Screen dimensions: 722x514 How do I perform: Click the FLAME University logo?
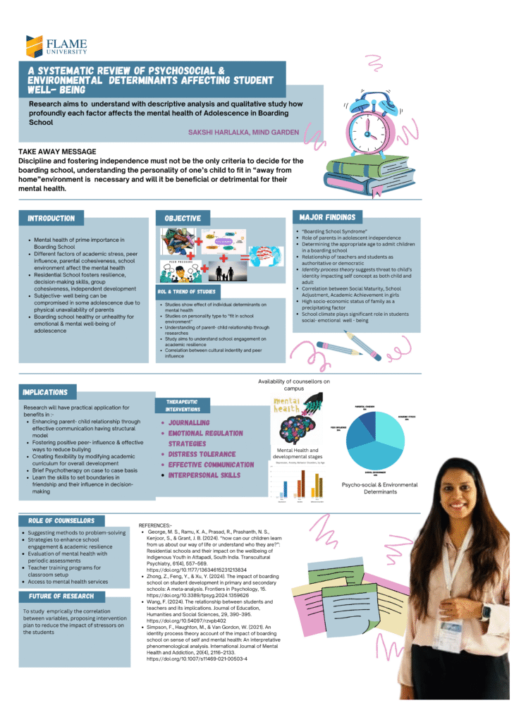point(56,46)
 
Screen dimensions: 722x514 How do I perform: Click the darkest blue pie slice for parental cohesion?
point(367,422)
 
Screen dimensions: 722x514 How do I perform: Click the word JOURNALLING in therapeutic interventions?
point(188,422)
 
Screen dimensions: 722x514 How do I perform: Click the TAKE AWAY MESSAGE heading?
point(57,152)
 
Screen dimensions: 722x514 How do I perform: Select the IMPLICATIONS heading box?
point(45,392)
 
